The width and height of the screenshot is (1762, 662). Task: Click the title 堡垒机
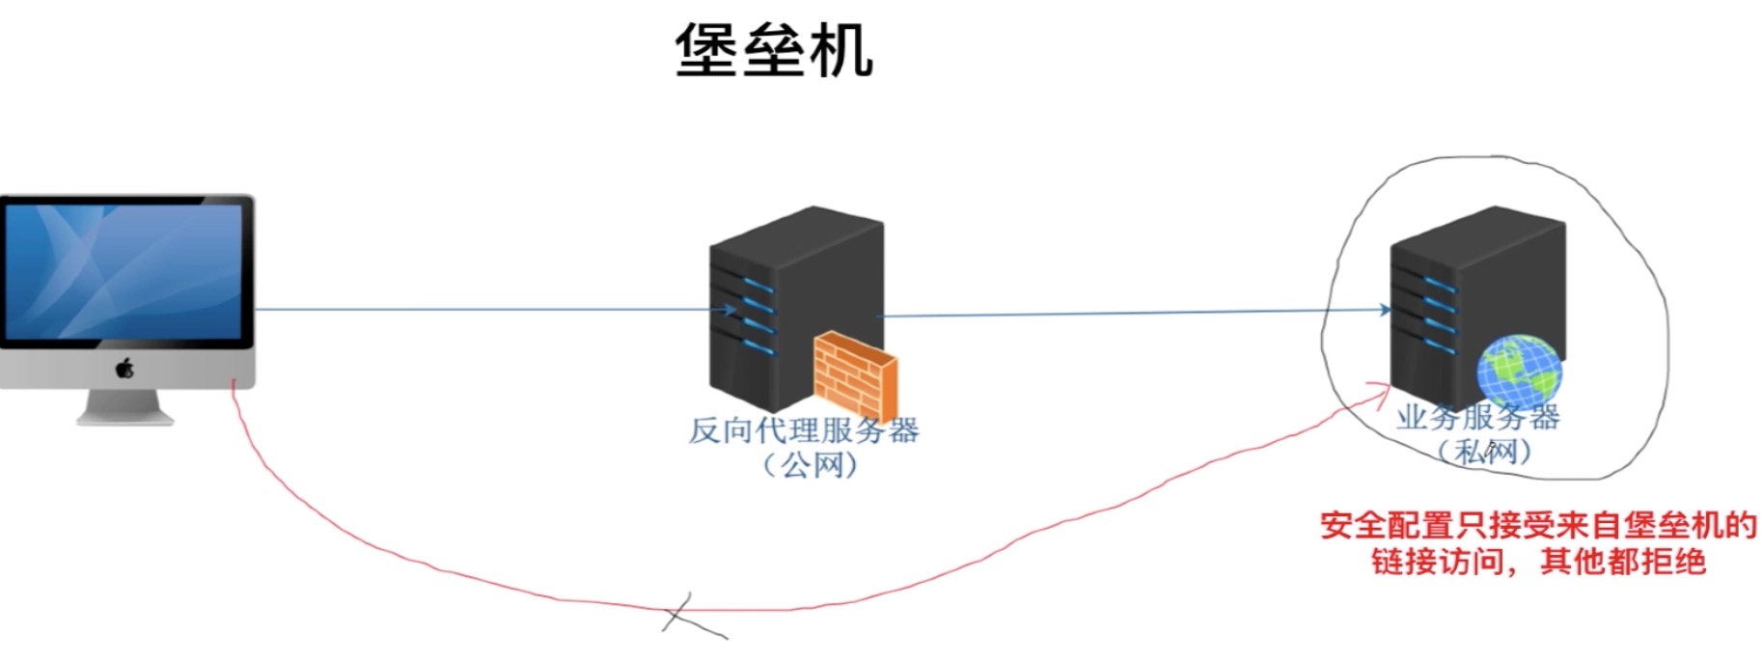tap(774, 49)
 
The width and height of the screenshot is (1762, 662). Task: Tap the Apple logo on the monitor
tap(124, 368)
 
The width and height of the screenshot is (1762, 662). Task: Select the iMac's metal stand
tap(124, 406)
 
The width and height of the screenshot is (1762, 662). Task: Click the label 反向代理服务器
tap(803, 430)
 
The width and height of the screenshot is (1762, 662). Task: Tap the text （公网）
tap(810, 465)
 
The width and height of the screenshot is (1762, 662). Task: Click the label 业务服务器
tap(1477, 417)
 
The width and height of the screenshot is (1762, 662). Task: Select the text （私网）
tap(1483, 451)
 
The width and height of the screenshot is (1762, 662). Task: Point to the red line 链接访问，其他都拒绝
tap(1538, 562)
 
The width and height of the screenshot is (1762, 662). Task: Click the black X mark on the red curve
tap(688, 615)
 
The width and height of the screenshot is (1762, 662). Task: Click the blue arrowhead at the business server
tap(1386, 310)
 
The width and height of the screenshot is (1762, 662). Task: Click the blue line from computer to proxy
tap(482, 310)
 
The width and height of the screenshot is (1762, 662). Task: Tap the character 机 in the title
tap(841, 49)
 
